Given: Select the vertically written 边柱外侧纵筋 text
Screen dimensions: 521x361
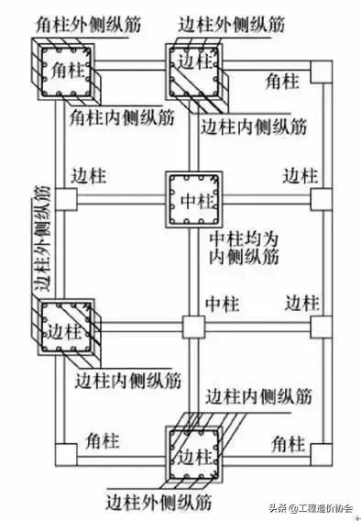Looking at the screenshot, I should [x=40, y=238].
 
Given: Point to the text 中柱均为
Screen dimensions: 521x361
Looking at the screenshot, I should [x=241, y=236].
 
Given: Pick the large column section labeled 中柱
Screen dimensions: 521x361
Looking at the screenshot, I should [x=192, y=197].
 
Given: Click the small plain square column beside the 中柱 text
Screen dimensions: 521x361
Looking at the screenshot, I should [x=191, y=327].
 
